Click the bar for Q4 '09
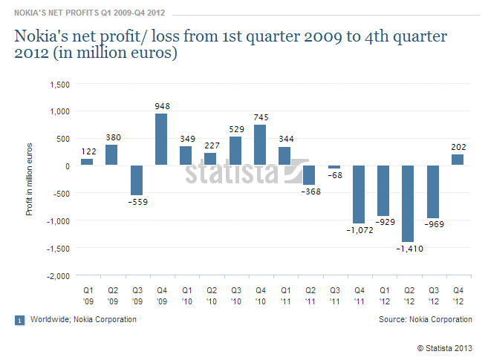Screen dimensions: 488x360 [x=161, y=139]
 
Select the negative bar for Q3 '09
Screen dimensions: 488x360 [x=137, y=180]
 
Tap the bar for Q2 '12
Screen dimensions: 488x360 [x=408, y=203]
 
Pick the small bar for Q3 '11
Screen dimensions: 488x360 [x=334, y=167]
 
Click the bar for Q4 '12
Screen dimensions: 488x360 [x=458, y=160]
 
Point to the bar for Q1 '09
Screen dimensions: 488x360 [x=87, y=162]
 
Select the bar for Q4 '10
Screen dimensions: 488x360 [x=260, y=145]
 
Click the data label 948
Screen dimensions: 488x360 [x=163, y=106]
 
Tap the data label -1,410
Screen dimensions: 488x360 [x=409, y=249]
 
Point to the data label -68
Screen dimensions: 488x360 [x=335, y=175]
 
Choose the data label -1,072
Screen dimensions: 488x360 [x=360, y=230]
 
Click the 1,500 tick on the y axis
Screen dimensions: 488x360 [x=59, y=85]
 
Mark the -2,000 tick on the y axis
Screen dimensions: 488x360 [x=58, y=276]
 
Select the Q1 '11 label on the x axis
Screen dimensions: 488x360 [x=286, y=296]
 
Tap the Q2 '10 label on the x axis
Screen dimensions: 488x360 [x=212, y=296]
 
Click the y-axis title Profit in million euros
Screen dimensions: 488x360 [x=29, y=180]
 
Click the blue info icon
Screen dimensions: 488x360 [x=19, y=320]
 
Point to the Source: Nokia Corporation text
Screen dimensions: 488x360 [x=426, y=319]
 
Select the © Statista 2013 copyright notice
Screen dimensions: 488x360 [x=445, y=348]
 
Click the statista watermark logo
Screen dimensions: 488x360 [x=247, y=171]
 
